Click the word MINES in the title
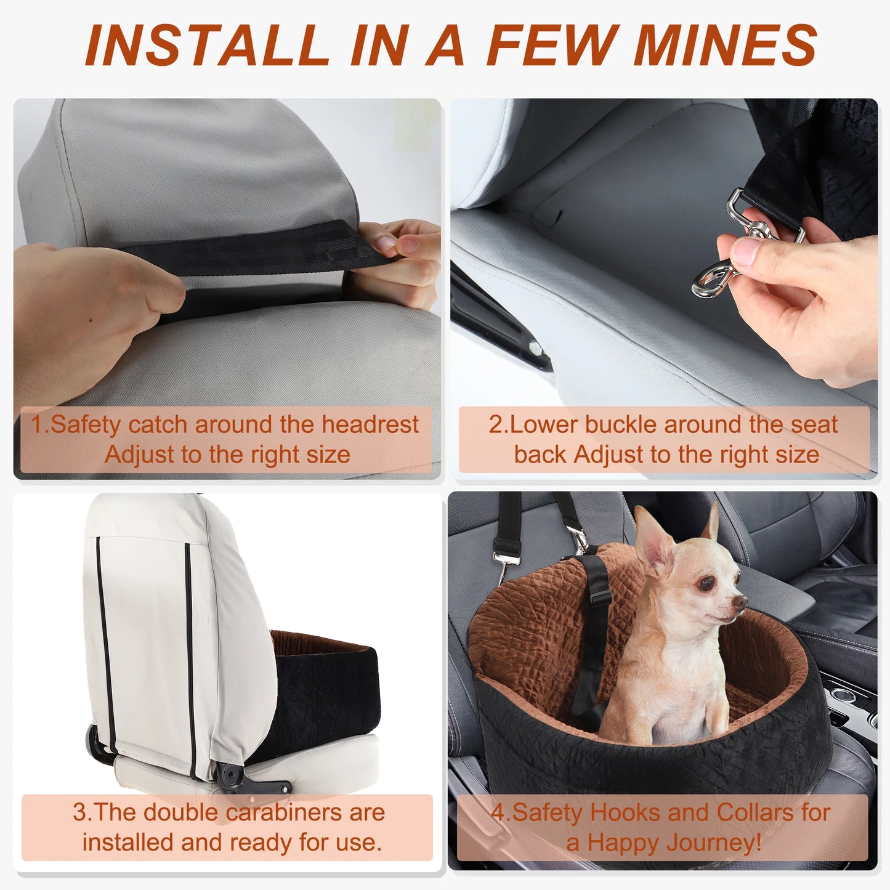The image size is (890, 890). point(725,45)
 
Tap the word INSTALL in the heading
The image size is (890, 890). point(208,45)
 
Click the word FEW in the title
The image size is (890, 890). point(553,45)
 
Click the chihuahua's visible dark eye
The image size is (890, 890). point(706,583)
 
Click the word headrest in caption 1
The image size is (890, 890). point(370,424)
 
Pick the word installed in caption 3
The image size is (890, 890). point(128,843)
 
